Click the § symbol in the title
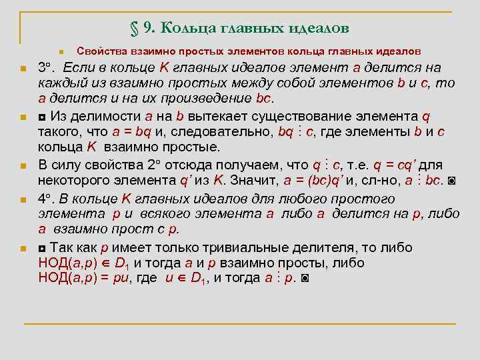point(134,29)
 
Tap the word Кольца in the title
point(187,29)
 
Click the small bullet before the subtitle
point(60,52)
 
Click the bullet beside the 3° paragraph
point(23,68)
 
